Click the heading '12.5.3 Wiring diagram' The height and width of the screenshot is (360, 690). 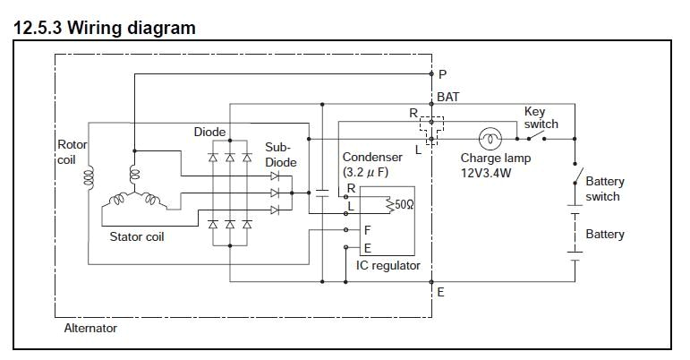coord(105,28)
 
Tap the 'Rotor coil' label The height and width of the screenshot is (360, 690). coord(72,151)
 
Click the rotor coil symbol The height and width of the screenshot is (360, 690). coord(89,180)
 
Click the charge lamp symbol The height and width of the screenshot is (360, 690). coord(490,139)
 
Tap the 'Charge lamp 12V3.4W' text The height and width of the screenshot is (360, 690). coord(495,166)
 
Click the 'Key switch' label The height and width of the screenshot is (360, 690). coord(541,117)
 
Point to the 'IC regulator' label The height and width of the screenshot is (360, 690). coord(388,266)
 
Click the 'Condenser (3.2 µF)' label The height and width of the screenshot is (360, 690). coord(372,164)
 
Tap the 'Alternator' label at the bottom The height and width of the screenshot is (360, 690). coord(90,328)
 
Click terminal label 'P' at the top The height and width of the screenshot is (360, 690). coord(441,74)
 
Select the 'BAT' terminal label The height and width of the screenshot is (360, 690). coord(448,97)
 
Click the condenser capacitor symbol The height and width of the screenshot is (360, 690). coord(320,192)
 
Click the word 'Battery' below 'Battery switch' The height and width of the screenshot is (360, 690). coord(605,235)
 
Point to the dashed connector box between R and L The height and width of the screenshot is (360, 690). coord(432,130)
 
